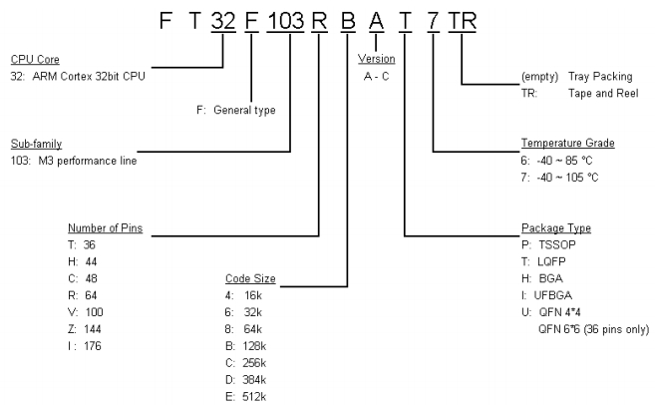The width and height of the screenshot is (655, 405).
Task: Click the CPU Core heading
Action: click(x=32, y=58)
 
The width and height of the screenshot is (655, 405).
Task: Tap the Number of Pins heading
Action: click(x=105, y=227)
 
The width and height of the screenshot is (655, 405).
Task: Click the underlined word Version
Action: click(x=376, y=58)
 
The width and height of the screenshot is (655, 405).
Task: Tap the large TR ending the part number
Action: click(x=465, y=20)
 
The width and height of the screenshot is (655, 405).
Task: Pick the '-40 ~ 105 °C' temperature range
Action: click(x=573, y=177)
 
